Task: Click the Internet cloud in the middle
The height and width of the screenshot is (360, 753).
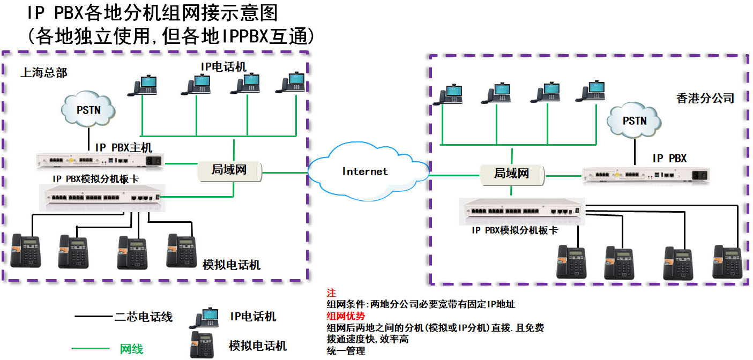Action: (366, 171)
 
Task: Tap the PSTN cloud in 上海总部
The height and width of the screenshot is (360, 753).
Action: (88, 110)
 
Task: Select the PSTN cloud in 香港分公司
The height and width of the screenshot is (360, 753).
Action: (635, 121)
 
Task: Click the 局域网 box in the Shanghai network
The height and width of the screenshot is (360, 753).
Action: (229, 170)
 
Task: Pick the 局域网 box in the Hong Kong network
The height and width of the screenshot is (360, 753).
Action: (511, 174)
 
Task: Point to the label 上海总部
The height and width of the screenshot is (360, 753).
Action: (44, 72)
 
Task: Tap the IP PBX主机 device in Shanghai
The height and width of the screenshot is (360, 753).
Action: (100, 160)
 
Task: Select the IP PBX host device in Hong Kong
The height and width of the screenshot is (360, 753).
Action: (645, 175)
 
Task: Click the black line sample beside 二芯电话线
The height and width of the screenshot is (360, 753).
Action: (93, 317)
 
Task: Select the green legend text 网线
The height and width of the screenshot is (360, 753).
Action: (131, 349)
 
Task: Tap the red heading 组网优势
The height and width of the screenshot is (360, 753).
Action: (346, 316)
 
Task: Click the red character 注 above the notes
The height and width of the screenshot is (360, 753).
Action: (331, 293)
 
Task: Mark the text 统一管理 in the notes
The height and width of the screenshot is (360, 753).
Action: (346, 351)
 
